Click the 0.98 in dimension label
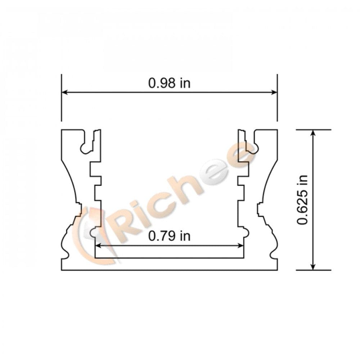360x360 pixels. pyautogui.click(x=169, y=83)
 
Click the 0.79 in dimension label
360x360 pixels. pyautogui.click(x=169, y=236)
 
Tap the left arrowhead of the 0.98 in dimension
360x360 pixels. pyautogui.click(x=64, y=93)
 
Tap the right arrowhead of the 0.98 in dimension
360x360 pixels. pyautogui.click(x=274, y=93)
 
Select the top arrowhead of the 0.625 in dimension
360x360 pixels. pyautogui.click(x=313, y=132)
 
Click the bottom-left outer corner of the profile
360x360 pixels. pyautogui.click(x=62, y=270)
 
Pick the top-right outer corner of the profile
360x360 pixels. pyautogui.click(x=277, y=130)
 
